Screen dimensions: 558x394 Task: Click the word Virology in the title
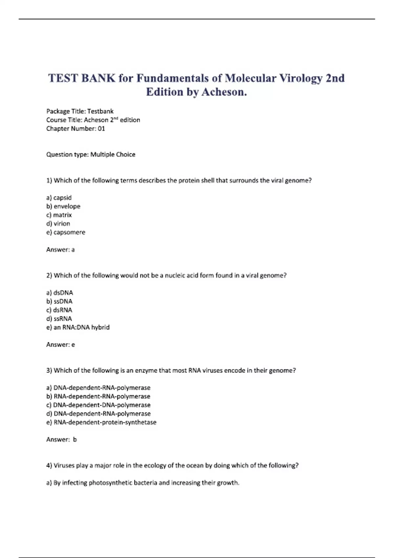pyautogui.click(x=301, y=78)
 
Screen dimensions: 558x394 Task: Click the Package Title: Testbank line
pyautogui.click(x=80, y=111)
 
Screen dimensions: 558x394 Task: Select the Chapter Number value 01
pyautogui.click(x=101, y=129)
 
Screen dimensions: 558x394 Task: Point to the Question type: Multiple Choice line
pyautogui.click(x=91, y=155)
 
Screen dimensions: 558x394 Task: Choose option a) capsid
pyautogui.click(x=59, y=198)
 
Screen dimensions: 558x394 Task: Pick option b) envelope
pyautogui.click(x=63, y=206)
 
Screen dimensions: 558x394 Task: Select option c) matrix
pyautogui.click(x=59, y=215)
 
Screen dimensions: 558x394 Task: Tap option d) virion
pyautogui.click(x=58, y=224)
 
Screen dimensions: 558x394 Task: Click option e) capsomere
pyautogui.click(x=66, y=232)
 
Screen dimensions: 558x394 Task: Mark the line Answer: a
pyautogui.click(x=60, y=250)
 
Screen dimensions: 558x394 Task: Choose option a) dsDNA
pyautogui.click(x=60, y=293)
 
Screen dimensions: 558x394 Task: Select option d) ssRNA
pyautogui.click(x=59, y=319)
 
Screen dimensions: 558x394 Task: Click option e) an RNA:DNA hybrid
pyautogui.click(x=78, y=327)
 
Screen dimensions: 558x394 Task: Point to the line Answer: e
pyautogui.click(x=60, y=345)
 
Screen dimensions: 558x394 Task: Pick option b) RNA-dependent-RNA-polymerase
pyautogui.click(x=98, y=397)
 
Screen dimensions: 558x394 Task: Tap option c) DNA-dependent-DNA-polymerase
pyautogui.click(x=98, y=405)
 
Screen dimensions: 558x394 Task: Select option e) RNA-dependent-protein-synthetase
pyautogui.click(x=101, y=422)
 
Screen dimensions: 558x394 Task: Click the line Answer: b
pyautogui.click(x=61, y=440)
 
